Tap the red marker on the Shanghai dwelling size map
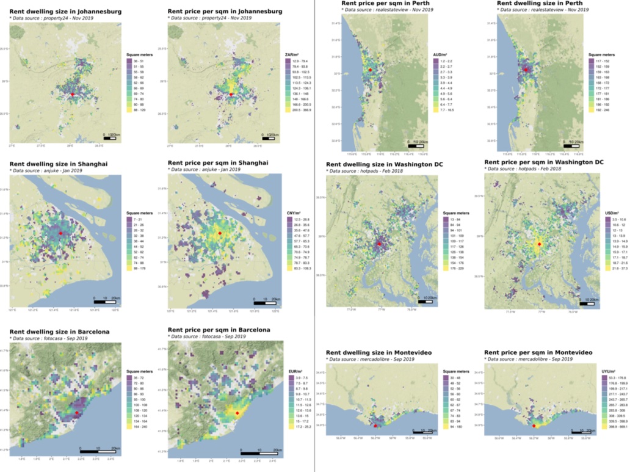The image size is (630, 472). [60, 233]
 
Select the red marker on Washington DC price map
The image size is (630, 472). [538, 244]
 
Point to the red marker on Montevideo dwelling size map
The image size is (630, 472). [375, 426]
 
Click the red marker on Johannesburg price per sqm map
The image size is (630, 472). [231, 94]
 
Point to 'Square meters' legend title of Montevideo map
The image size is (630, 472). [452, 371]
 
